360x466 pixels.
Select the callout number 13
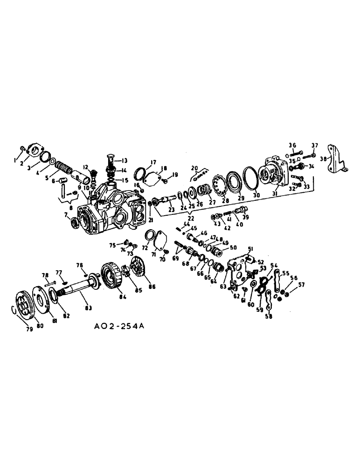(x=125, y=160)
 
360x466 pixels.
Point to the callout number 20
(x=195, y=167)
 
